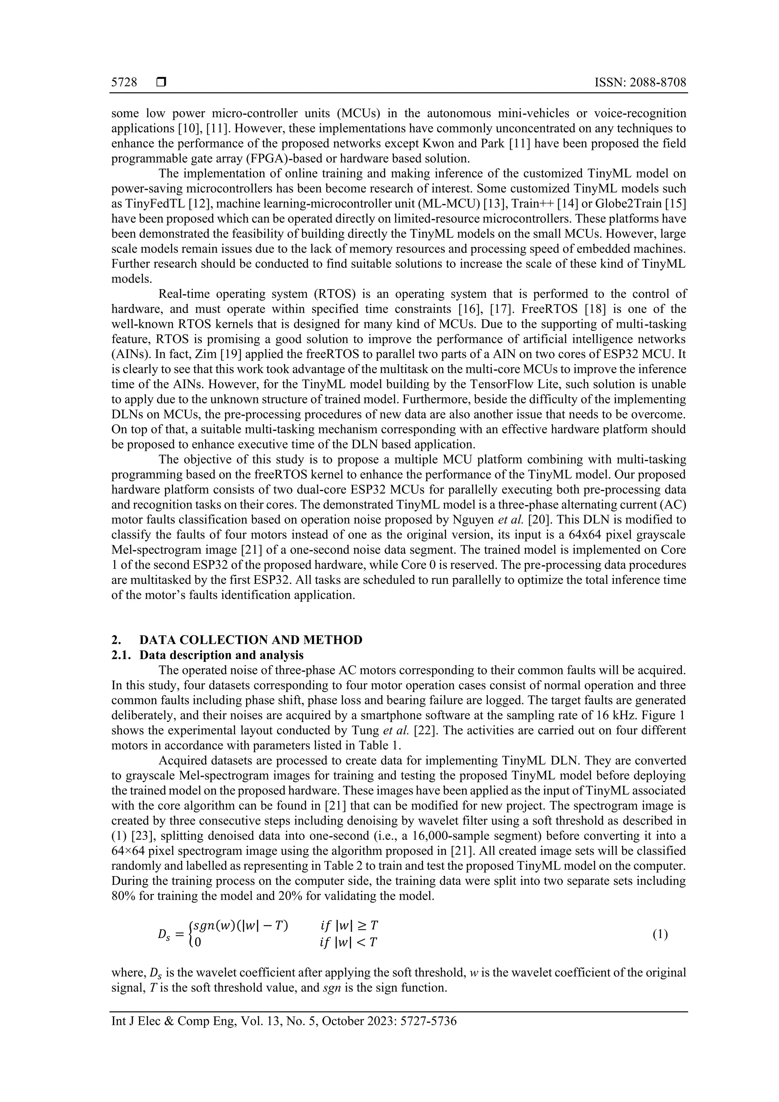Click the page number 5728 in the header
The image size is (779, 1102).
(x=124, y=83)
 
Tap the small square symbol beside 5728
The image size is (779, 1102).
(x=161, y=83)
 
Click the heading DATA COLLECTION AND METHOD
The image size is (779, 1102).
(x=251, y=640)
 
